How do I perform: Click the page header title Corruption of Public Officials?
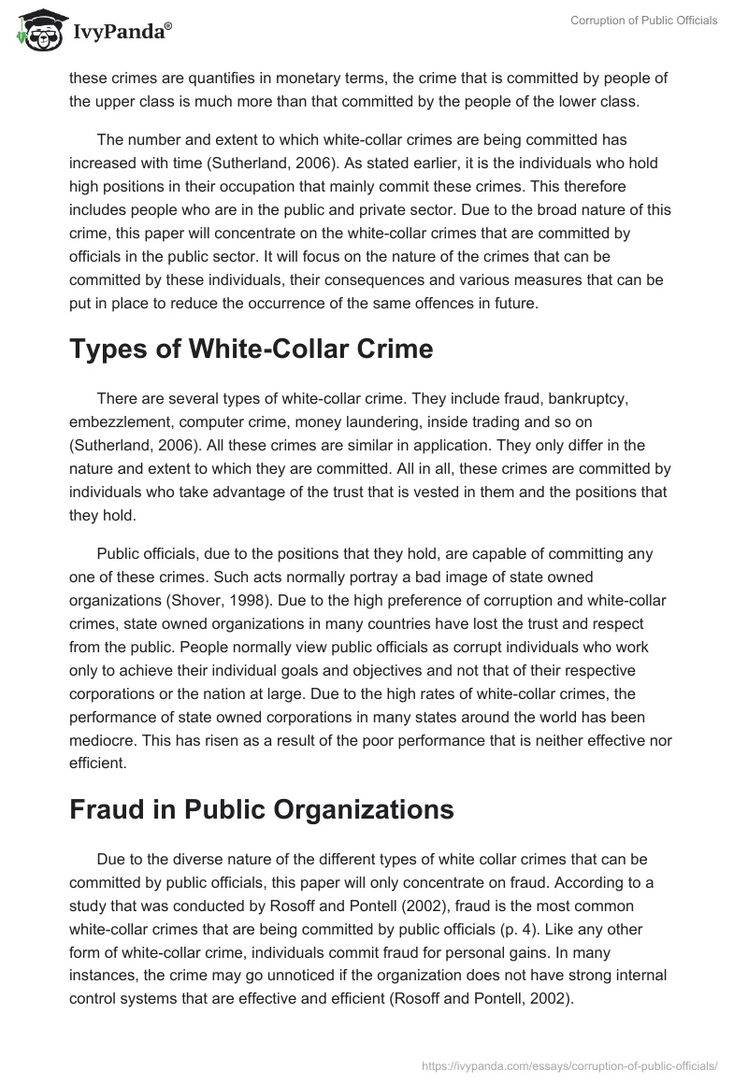644,21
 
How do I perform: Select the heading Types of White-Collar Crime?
252,349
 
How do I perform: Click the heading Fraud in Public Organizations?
262,809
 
